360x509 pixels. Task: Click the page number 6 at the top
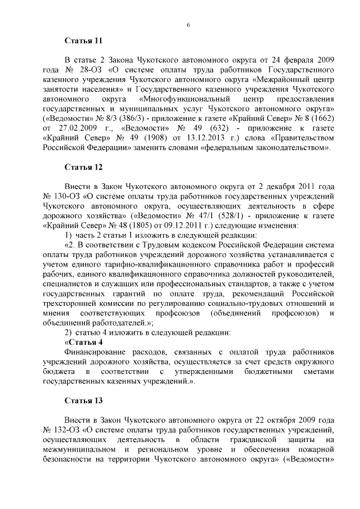coord(188,24)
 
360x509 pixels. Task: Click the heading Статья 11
coord(84,40)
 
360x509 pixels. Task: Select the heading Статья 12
coord(84,167)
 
